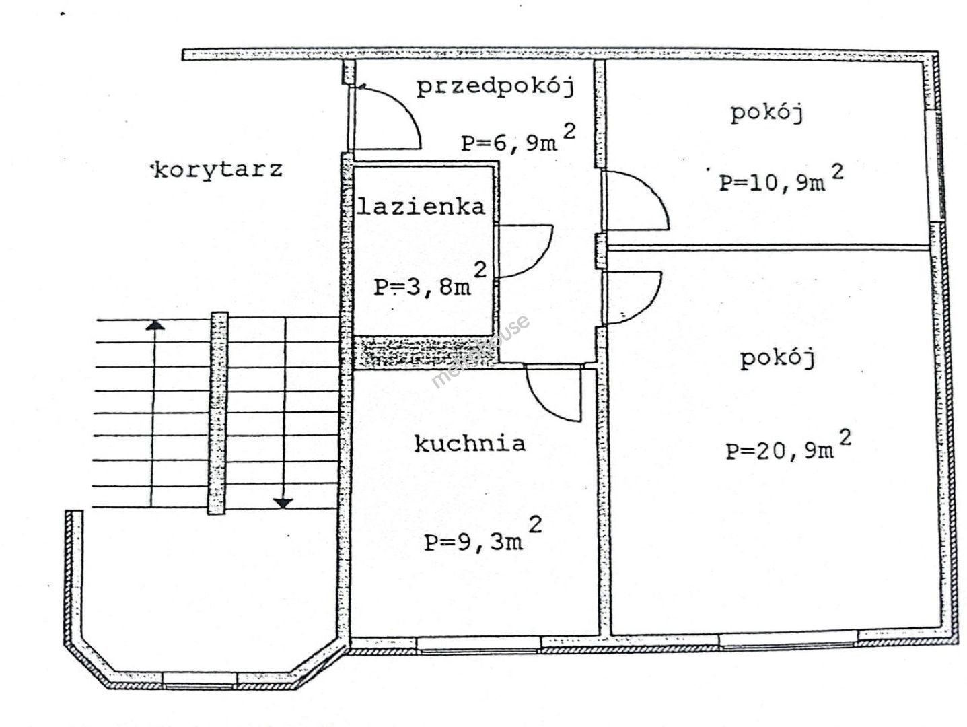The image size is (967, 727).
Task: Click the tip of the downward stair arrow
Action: point(283,508)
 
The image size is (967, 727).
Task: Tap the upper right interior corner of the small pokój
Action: point(923,62)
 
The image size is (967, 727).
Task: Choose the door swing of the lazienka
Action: point(524,251)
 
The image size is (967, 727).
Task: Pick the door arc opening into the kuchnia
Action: point(553,393)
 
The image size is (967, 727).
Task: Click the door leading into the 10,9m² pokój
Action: point(637,200)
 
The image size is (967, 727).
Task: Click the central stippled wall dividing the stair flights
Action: point(217,413)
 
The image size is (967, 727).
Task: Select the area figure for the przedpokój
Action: point(518,138)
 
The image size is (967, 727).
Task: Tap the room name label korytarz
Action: point(217,170)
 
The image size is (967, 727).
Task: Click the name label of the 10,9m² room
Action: point(767,113)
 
